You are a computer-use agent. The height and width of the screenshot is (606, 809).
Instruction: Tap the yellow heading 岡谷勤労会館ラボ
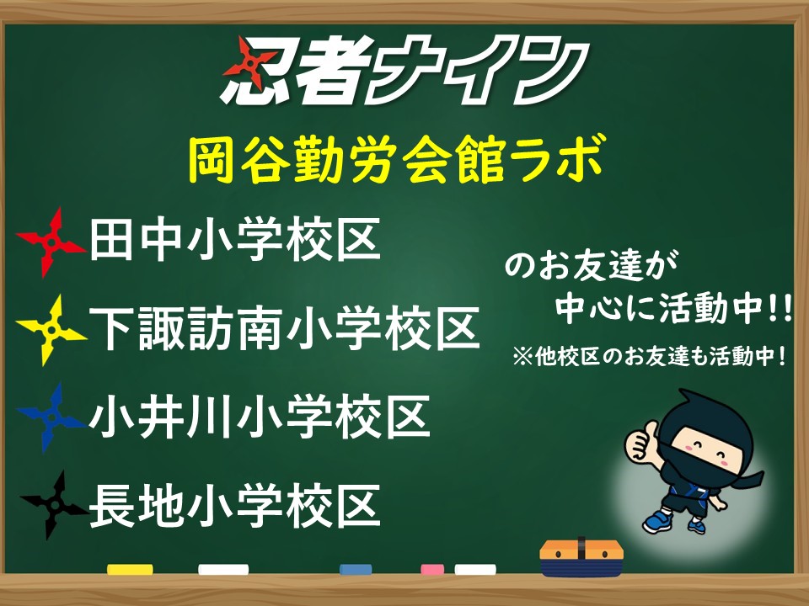point(396,159)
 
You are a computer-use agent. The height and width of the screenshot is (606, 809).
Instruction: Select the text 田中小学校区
point(235,240)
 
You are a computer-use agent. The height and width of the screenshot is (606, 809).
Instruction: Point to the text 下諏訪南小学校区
point(284,327)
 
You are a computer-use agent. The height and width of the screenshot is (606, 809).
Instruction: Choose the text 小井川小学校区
point(260,417)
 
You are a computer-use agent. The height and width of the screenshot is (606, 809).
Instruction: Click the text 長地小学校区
point(235,506)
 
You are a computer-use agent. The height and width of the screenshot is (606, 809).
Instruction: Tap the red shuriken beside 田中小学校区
point(51,242)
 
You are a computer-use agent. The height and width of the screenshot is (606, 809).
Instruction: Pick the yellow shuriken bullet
point(51,330)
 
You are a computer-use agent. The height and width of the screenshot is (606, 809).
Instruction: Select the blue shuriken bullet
point(51,417)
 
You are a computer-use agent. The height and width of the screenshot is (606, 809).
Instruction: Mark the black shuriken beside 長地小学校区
point(53,505)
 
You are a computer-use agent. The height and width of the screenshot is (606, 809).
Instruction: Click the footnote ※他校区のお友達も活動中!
point(650,357)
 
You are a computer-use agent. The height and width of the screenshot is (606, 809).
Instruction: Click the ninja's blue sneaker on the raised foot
point(657,521)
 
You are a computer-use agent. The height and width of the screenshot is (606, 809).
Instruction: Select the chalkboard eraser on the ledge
point(581,558)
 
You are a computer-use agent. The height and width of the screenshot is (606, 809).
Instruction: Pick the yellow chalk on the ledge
point(130,570)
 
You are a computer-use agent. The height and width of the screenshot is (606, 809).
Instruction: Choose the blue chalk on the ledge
point(356,570)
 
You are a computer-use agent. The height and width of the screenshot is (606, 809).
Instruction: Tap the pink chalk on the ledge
point(432,570)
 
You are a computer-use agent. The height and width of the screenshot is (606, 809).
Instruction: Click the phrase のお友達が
point(592,267)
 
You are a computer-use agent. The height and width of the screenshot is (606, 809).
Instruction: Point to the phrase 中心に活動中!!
point(673,308)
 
